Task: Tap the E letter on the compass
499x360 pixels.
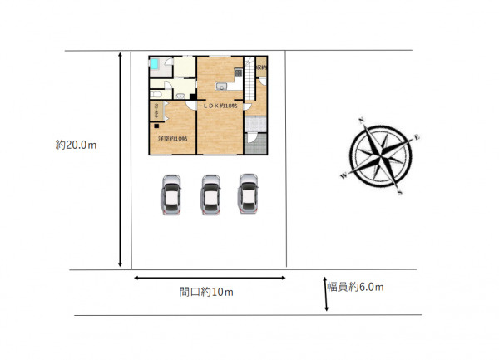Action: [x=417, y=136]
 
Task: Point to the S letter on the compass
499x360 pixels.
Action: [x=401, y=192]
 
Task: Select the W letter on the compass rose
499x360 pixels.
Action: [x=343, y=176]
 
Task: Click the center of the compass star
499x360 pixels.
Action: [x=381, y=156]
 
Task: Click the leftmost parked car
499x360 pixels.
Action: [x=170, y=195]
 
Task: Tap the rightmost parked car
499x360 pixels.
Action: [x=247, y=195]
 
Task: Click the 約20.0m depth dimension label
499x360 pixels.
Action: [x=77, y=144]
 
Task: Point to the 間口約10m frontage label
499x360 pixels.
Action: [x=206, y=292]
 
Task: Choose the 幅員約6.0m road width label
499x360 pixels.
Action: [x=355, y=287]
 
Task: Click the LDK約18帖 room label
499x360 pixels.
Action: [x=220, y=106]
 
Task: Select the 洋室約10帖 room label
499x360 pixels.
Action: [x=172, y=138]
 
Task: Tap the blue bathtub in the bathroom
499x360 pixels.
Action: [x=157, y=63]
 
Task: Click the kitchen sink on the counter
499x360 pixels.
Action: [x=220, y=87]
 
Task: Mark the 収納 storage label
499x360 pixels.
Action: [x=261, y=67]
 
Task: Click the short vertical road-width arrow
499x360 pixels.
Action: [x=326, y=294]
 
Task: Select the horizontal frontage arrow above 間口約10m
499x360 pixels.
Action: [x=209, y=278]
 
